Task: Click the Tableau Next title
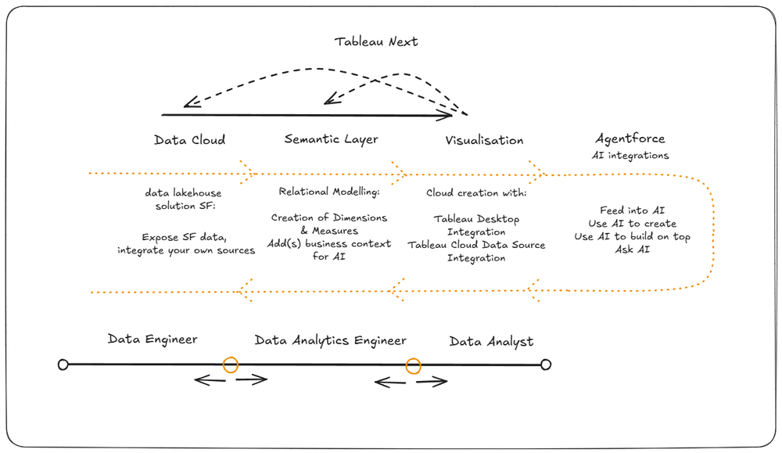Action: pyautogui.click(x=376, y=41)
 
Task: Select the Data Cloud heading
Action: pyautogui.click(x=189, y=140)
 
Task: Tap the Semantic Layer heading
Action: pyautogui.click(x=331, y=139)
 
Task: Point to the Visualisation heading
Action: pyautogui.click(x=484, y=140)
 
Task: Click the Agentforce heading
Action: pyautogui.click(x=630, y=138)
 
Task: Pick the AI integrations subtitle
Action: pyautogui.click(x=630, y=156)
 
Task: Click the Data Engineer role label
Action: pyautogui.click(x=152, y=340)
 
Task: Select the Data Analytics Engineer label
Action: pyautogui.click(x=330, y=341)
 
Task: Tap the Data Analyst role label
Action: pyautogui.click(x=491, y=342)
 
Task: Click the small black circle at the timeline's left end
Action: pyautogui.click(x=63, y=365)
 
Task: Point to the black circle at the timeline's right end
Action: pyautogui.click(x=546, y=365)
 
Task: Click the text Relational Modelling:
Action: pyautogui.click(x=329, y=192)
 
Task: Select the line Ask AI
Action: pyautogui.click(x=633, y=249)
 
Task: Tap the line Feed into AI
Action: pyautogui.click(x=633, y=210)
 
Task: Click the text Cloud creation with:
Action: pyautogui.click(x=476, y=192)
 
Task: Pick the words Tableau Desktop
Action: pyautogui.click(x=476, y=219)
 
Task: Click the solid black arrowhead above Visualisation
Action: pyautogui.click(x=447, y=116)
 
